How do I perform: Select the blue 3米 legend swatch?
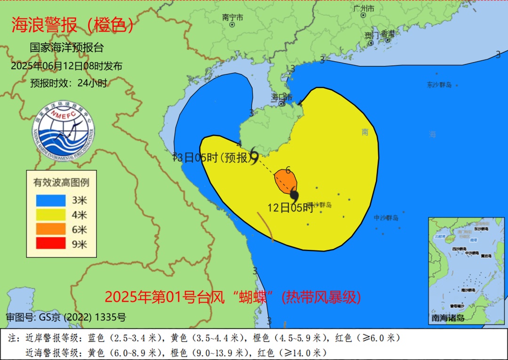(x=51, y=200)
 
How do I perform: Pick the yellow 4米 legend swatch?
(x=51, y=215)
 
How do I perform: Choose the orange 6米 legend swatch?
(x=51, y=229)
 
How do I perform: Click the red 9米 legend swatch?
(x=51, y=244)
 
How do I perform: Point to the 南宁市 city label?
(x=233, y=18)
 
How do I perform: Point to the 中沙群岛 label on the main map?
(x=386, y=218)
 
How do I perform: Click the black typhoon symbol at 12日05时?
(x=294, y=194)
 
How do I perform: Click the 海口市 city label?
(x=282, y=97)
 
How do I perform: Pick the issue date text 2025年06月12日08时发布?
(x=66, y=66)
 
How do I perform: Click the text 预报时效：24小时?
(x=69, y=83)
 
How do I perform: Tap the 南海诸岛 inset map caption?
(x=448, y=318)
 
